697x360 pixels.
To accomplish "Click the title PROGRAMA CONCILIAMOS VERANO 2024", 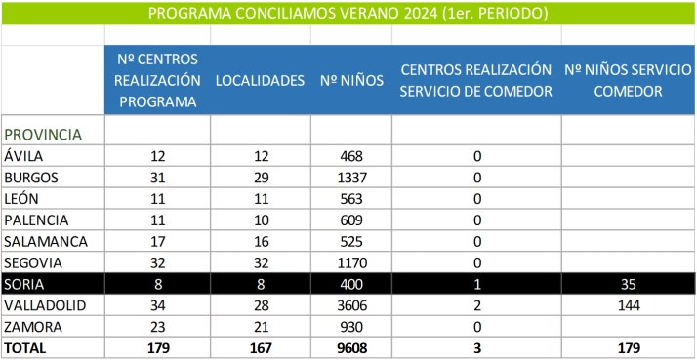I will pyautogui.click(x=348, y=14).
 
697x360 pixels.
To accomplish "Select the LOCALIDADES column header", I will pyautogui.click(x=260, y=81).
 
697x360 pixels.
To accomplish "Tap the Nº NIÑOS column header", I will pyautogui.click(x=350, y=81).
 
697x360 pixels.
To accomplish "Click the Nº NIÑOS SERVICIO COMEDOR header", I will pyautogui.click(x=628, y=81).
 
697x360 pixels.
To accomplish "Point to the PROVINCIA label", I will pyautogui.click(x=42, y=134).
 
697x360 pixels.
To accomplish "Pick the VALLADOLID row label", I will pyautogui.click(x=40, y=304).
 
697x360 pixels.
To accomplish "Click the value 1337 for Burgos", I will pyautogui.click(x=350, y=178).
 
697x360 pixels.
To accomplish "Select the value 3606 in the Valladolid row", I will pyautogui.click(x=350, y=304).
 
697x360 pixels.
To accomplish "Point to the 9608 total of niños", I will pyautogui.click(x=350, y=347).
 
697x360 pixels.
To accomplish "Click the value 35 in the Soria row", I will pyautogui.click(x=628, y=283).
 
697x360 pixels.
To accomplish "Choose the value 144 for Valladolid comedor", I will pyautogui.click(x=628, y=304).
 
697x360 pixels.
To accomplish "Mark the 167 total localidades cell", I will pyautogui.click(x=260, y=347).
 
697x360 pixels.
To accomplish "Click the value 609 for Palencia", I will pyautogui.click(x=350, y=220).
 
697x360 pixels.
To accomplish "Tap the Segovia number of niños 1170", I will pyautogui.click(x=350, y=262).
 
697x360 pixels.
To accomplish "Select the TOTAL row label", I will pyautogui.click(x=26, y=347).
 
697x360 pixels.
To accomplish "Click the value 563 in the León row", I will pyautogui.click(x=350, y=199).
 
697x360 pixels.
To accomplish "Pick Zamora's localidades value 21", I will pyautogui.click(x=260, y=326).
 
